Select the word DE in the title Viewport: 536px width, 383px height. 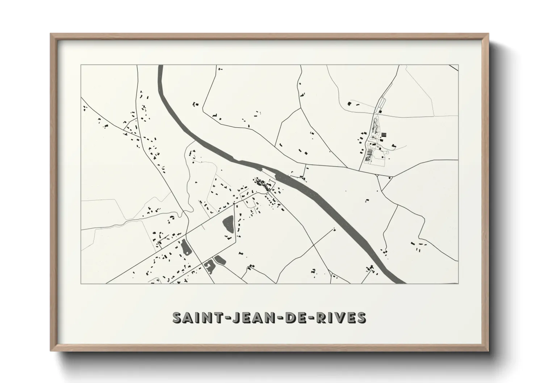click(294, 317)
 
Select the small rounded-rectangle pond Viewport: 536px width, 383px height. click(219, 259)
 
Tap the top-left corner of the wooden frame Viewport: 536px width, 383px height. click(51, 34)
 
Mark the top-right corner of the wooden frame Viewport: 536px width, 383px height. click(488, 34)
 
